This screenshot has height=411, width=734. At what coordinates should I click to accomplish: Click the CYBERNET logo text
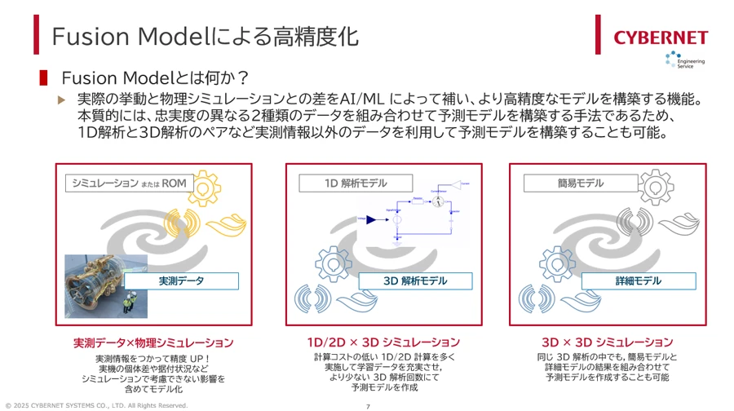(661, 37)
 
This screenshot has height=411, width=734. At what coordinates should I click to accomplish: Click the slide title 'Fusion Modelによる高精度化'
(204, 36)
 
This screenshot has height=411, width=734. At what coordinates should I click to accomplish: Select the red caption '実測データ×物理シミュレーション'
(153, 342)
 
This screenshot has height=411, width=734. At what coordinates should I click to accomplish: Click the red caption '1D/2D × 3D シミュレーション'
(383, 342)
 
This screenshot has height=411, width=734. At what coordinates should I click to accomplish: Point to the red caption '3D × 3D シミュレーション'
(607, 342)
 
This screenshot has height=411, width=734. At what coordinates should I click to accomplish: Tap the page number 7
(368, 405)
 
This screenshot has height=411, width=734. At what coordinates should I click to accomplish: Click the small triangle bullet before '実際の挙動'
(60, 99)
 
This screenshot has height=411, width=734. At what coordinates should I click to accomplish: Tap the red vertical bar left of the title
(36, 35)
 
